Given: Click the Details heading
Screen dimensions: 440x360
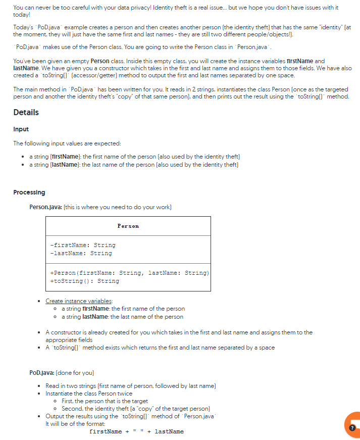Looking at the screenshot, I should pyautogui.click(x=26, y=112).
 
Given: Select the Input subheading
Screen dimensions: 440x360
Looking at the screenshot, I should pyautogui.click(x=21, y=129).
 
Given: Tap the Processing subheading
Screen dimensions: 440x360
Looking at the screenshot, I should pyautogui.click(x=29, y=192).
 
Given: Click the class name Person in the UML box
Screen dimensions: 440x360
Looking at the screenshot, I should pyautogui.click(x=128, y=226).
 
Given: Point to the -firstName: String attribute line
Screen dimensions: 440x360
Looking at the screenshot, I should pyautogui.click(x=83, y=245).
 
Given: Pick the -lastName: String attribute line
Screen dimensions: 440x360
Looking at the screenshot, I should pyautogui.click(x=81, y=253).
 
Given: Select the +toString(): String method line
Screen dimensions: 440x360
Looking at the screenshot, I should pyautogui.click(x=85, y=281).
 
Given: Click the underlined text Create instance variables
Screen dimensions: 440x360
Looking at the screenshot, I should pyautogui.click(x=79, y=301).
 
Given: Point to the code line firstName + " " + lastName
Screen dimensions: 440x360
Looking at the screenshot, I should pyautogui.click(x=136, y=431).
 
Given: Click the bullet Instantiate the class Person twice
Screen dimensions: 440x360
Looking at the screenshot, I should pyautogui.click(x=89, y=394).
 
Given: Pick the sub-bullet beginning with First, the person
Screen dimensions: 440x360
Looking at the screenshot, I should pyautogui.click(x=105, y=401).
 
